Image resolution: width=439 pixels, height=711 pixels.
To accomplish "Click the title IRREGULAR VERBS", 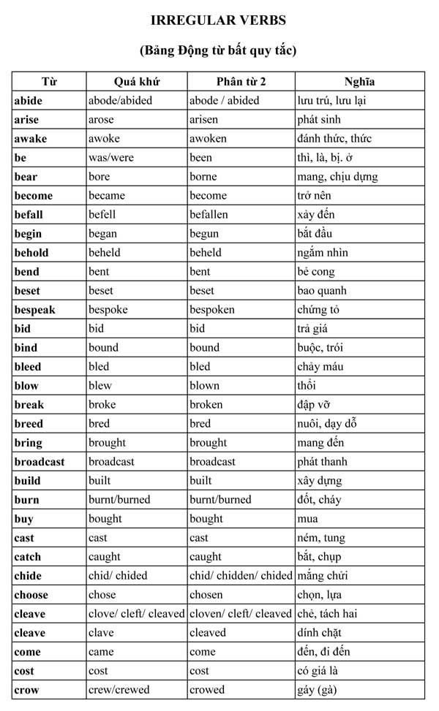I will click(218, 20).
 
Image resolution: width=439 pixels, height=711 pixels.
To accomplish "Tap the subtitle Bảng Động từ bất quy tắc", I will click(218, 51).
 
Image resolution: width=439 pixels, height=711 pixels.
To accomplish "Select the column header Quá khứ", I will click(137, 81).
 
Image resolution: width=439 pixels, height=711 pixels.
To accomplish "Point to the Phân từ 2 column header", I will click(241, 81).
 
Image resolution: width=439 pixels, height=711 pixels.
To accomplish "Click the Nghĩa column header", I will click(359, 81).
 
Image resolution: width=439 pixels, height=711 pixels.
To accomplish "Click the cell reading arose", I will click(101, 120).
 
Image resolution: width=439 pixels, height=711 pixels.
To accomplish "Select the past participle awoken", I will click(208, 139).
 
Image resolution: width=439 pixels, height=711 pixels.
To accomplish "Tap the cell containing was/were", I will click(111, 158).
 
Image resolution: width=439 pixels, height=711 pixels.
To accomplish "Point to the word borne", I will click(204, 177).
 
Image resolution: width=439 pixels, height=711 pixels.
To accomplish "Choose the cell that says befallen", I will click(209, 215).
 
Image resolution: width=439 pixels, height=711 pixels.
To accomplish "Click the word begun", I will click(204, 234).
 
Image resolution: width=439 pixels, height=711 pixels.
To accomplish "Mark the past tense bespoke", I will click(108, 310).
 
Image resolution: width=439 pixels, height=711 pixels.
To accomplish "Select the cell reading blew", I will click(100, 386).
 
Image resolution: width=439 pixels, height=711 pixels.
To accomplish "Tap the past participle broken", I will click(206, 405).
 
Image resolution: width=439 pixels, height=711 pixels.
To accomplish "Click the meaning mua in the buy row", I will click(307, 519).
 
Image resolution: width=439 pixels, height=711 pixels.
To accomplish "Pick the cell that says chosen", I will click(206, 595).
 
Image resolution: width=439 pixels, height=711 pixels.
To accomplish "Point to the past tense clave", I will click(101, 633).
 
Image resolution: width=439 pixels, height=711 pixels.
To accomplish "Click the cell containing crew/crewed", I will click(118, 690).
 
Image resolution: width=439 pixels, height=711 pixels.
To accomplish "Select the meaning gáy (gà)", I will click(317, 690).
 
